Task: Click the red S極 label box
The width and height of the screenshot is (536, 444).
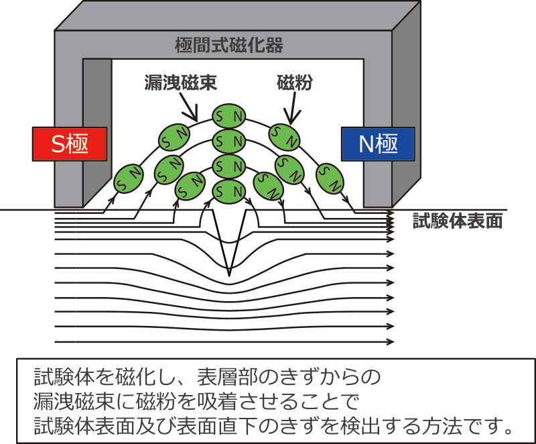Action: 70,143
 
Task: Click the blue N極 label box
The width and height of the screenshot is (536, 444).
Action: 377,143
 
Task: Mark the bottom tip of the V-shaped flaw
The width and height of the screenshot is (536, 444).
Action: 229,274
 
